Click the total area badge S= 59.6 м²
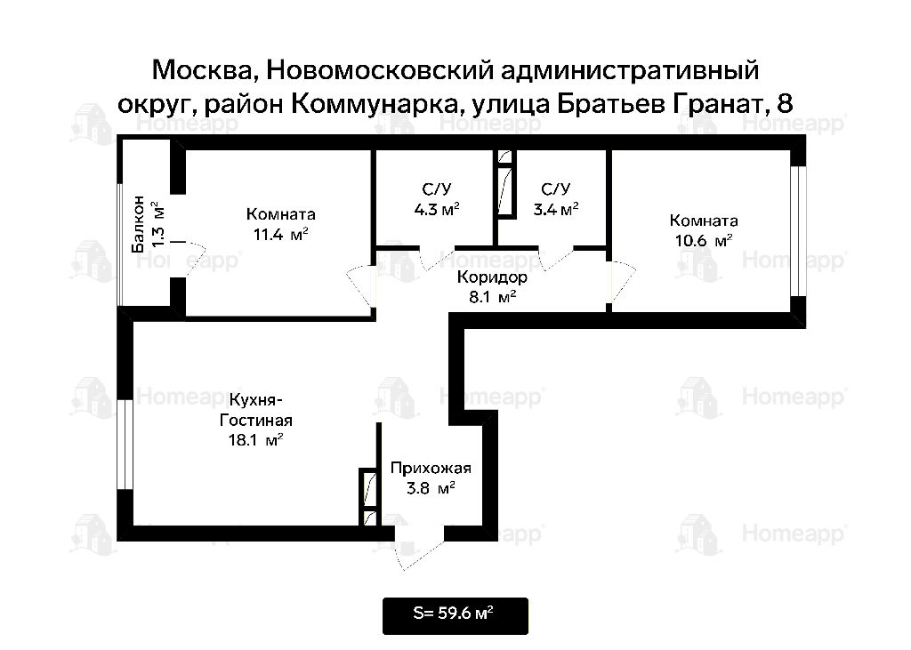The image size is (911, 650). (x=455, y=615)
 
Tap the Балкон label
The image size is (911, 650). (x=138, y=225)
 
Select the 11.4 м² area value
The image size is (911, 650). (x=280, y=235)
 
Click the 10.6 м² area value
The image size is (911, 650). (x=703, y=240)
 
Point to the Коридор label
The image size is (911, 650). (x=492, y=277)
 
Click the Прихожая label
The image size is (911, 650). (x=431, y=469)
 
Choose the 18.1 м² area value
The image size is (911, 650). (x=255, y=440)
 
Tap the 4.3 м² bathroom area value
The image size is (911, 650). (x=437, y=209)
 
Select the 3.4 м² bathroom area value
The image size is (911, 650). (x=556, y=209)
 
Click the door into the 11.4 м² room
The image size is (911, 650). (x=361, y=285)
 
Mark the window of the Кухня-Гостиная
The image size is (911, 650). (x=125, y=445)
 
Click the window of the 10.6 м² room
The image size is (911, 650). (x=798, y=231)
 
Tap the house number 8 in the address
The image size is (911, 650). (x=785, y=104)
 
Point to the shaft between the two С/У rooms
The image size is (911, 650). (x=506, y=184)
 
